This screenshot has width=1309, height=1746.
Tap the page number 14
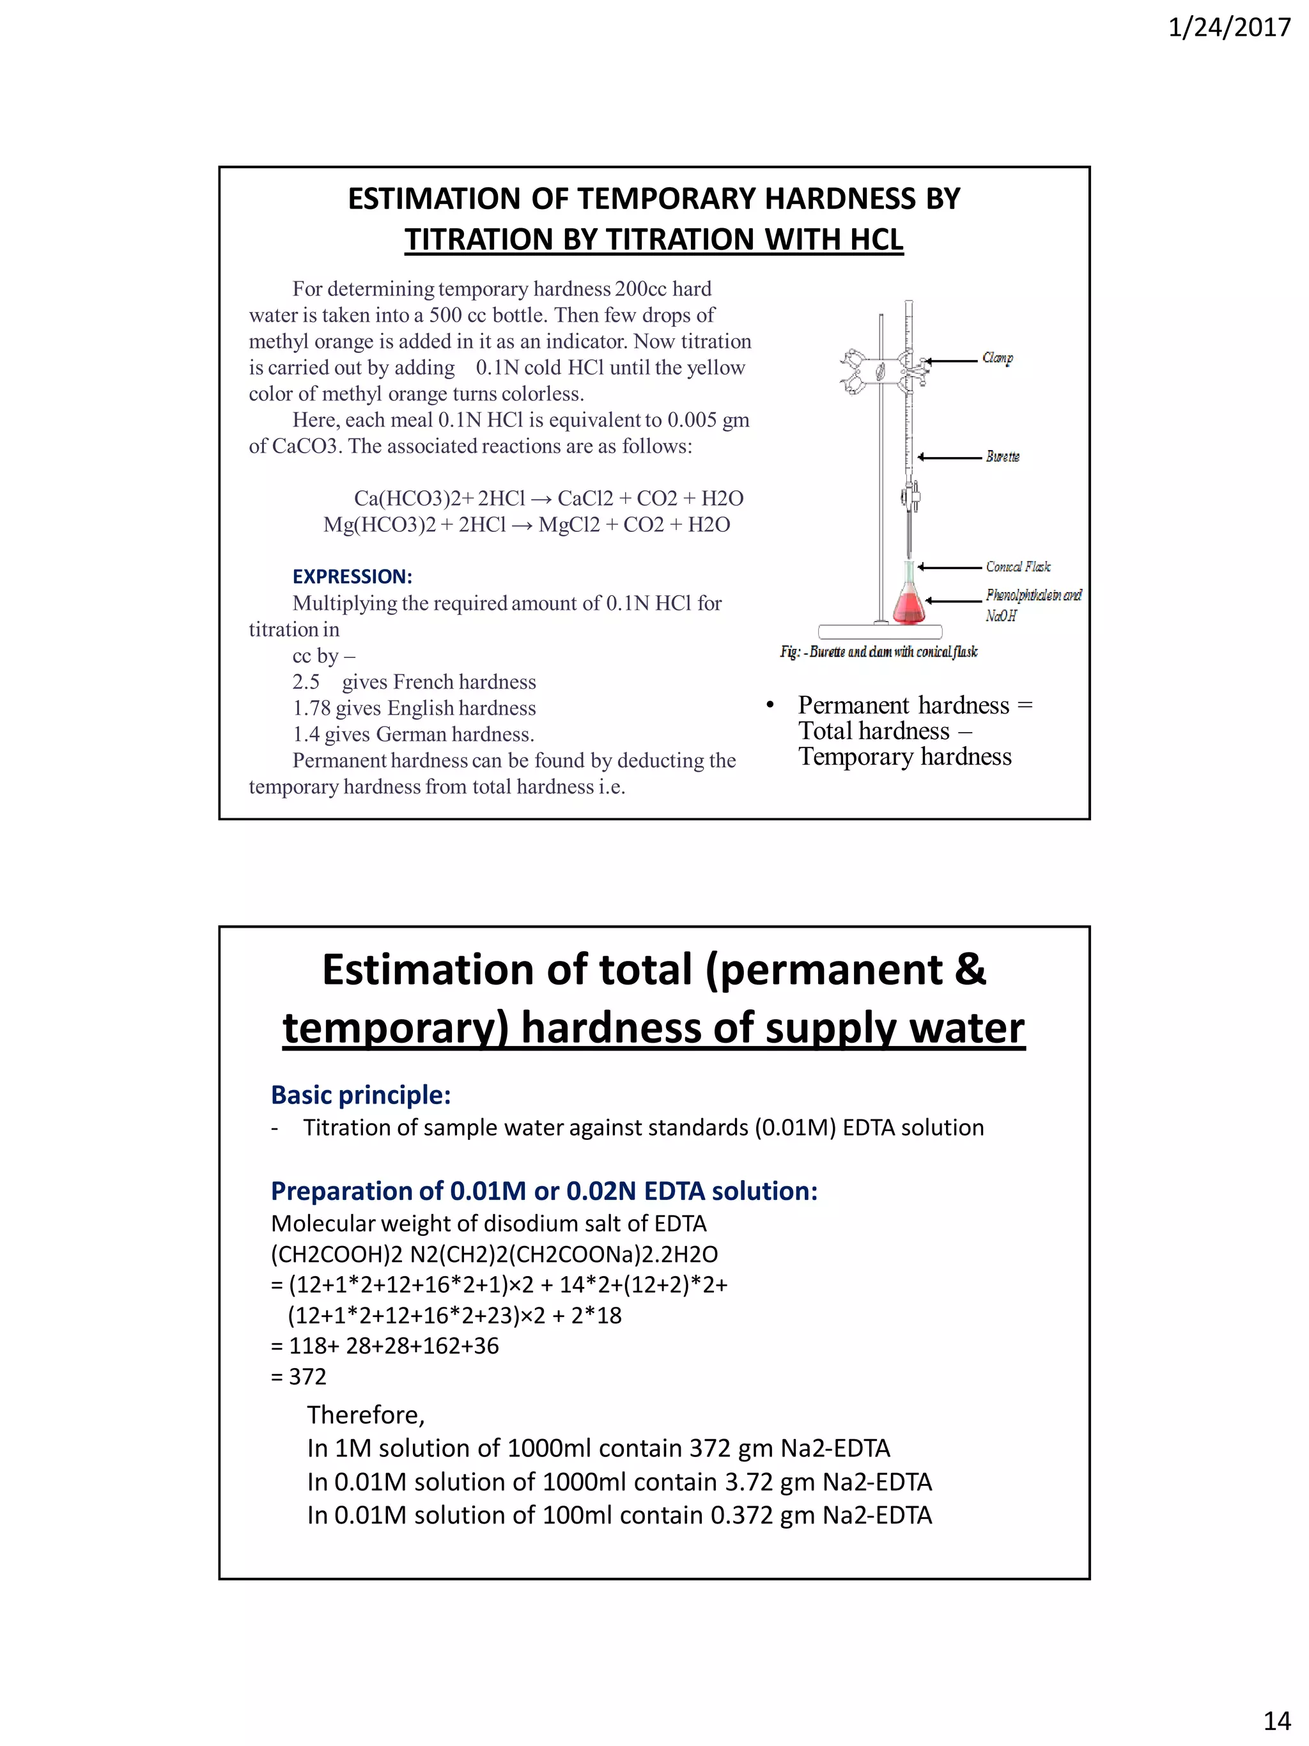pyautogui.click(x=1276, y=1720)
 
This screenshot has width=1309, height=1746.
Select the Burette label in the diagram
pyautogui.click(x=1002, y=457)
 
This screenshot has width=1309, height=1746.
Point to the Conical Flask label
pyautogui.click(x=1018, y=566)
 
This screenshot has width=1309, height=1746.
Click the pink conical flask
pyautogui.click(x=908, y=604)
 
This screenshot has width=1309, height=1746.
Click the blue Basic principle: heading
pyautogui.click(x=360, y=1095)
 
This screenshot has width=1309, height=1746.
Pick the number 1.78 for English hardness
pyautogui.click(x=311, y=708)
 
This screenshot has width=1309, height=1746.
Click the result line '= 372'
pyautogui.click(x=298, y=1376)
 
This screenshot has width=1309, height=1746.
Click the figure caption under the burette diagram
pyautogui.click(x=878, y=652)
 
